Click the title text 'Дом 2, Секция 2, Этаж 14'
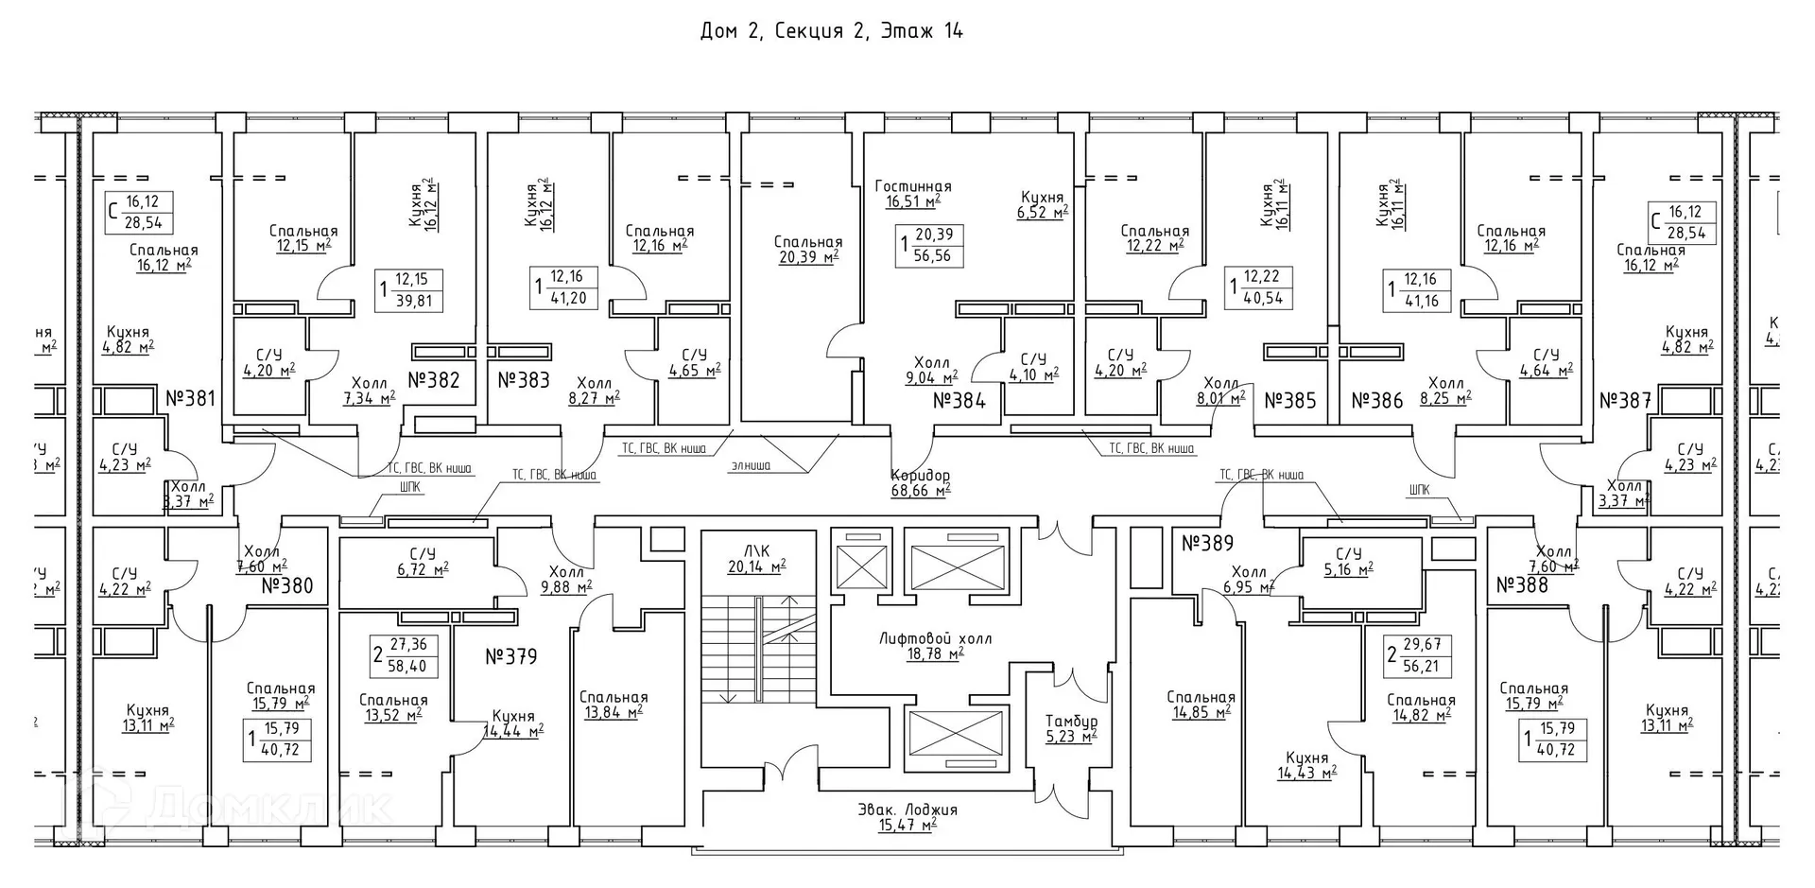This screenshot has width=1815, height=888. click(831, 31)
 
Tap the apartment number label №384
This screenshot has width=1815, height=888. click(959, 401)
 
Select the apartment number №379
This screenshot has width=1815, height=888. click(510, 656)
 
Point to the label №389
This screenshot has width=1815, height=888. click(1207, 544)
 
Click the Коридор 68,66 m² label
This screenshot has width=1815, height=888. click(920, 482)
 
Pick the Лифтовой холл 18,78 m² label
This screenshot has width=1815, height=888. click(935, 646)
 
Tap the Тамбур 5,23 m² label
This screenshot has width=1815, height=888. click(1071, 728)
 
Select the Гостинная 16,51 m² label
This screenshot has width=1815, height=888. click(913, 194)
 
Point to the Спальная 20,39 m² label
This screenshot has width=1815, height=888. click(807, 250)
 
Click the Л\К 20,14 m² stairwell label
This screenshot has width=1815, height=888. click(756, 559)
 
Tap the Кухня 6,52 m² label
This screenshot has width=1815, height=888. click(1040, 205)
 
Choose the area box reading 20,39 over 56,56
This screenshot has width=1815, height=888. click(929, 245)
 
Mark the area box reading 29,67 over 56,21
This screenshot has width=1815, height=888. click(1417, 654)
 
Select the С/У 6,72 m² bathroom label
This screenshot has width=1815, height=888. click(422, 562)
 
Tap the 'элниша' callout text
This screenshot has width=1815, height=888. click(750, 465)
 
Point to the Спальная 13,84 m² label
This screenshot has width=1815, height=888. click(614, 705)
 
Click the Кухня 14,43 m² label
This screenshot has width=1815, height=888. click(1306, 765)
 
